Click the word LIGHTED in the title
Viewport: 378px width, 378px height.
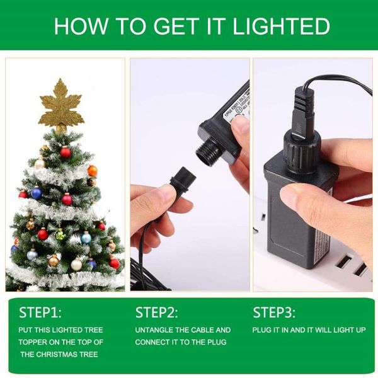click(282, 26)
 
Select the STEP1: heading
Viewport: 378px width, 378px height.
click(40, 313)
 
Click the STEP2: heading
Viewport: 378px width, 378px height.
click(157, 313)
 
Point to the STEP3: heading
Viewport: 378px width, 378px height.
click(274, 313)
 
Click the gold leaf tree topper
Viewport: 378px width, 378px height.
click(61, 104)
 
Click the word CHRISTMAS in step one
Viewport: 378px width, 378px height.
click(70, 354)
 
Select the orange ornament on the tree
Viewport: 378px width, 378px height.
click(92, 171)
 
